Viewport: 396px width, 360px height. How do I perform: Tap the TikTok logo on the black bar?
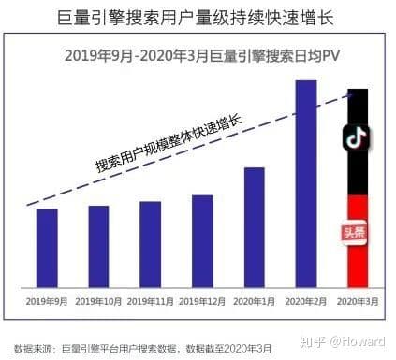tap(357, 138)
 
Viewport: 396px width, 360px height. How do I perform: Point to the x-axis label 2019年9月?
tap(46, 301)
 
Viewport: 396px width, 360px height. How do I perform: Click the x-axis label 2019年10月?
tap(98, 301)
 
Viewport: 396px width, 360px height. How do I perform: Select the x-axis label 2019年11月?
tap(151, 301)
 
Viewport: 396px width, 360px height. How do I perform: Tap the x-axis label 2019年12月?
tap(203, 301)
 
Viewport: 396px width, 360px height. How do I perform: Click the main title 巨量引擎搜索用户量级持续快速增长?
tap(198, 18)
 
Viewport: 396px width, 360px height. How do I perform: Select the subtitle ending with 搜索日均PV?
tap(199, 55)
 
